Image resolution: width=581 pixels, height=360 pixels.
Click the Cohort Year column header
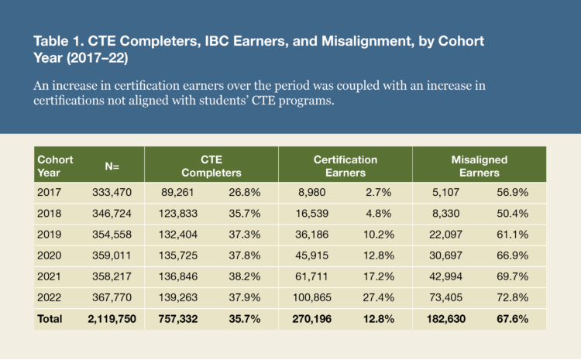click(x=55, y=165)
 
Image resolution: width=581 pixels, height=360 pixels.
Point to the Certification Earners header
click(x=345, y=166)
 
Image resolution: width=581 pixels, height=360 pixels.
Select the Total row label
click(x=51, y=317)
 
